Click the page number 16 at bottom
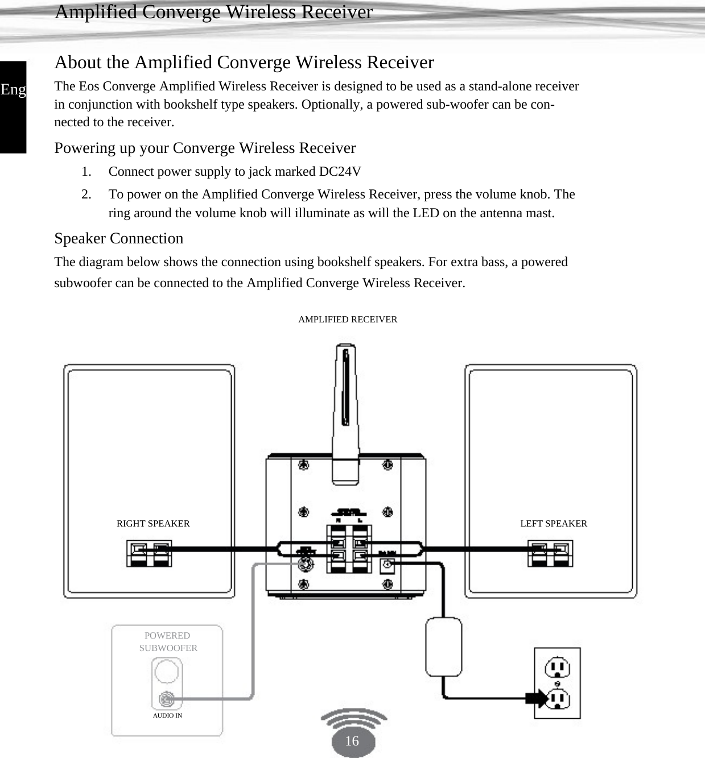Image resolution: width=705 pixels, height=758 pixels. (x=352, y=740)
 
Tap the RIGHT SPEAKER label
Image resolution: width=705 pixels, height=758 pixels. (x=153, y=523)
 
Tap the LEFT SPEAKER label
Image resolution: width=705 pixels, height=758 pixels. (x=553, y=523)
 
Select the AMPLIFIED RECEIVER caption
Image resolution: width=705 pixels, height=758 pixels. (x=348, y=320)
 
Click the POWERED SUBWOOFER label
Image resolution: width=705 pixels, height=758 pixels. (x=168, y=641)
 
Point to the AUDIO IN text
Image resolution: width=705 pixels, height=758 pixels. (x=167, y=715)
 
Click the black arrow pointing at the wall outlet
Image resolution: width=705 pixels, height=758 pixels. (x=535, y=698)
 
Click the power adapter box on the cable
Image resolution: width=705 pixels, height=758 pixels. (x=443, y=647)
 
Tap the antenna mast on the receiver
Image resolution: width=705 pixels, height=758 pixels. (x=345, y=409)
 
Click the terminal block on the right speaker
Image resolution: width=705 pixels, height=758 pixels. (x=149, y=554)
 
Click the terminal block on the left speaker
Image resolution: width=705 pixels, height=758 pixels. (x=550, y=554)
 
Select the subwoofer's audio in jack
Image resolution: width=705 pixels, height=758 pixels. (x=166, y=699)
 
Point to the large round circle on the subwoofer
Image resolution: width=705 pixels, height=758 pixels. (x=166, y=672)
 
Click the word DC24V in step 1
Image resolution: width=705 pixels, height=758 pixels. (x=340, y=172)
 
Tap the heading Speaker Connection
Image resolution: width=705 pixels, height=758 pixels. (x=119, y=238)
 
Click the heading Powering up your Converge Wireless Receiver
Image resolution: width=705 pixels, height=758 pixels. (x=205, y=148)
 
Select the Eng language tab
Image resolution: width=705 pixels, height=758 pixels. (x=13, y=90)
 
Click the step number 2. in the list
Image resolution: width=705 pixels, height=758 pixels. (x=86, y=194)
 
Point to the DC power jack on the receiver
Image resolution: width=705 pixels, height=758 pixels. (x=387, y=565)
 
